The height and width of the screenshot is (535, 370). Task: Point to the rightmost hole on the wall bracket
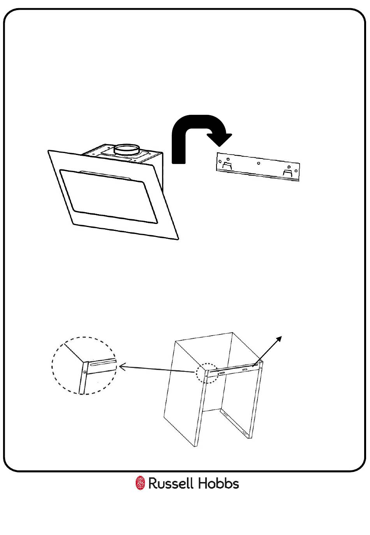tap(296, 171)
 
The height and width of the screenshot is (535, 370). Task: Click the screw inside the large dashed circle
tap(85, 372)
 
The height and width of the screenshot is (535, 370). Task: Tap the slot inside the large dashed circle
tap(103, 363)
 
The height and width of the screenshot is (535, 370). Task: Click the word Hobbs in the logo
tap(218, 484)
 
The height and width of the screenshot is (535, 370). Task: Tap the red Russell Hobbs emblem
tap(140, 483)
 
